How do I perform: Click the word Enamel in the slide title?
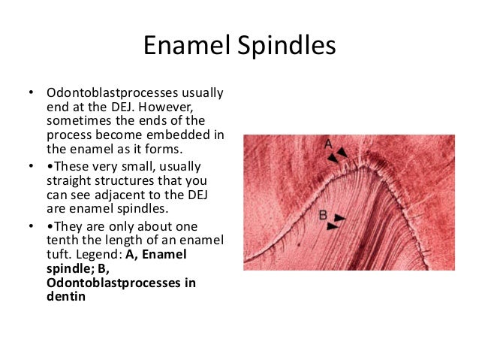[x=188, y=47]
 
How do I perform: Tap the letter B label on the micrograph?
[x=323, y=215]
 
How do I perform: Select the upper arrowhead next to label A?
[x=342, y=153]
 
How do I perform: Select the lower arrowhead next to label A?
[x=332, y=158]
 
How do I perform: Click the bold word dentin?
[x=66, y=295]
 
